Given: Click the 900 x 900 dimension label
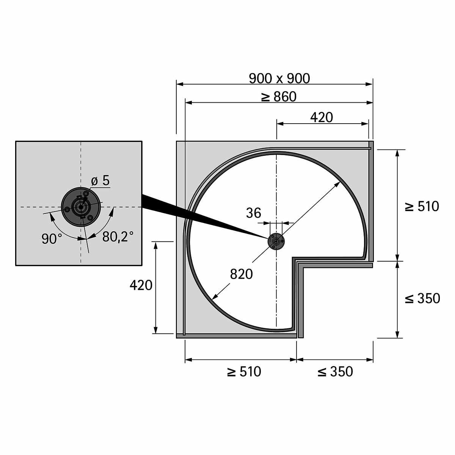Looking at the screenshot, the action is [279, 78].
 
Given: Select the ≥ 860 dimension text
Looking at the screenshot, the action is [279, 97].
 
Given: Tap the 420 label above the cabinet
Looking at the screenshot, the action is [322, 117].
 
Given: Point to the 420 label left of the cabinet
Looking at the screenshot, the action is [141, 285].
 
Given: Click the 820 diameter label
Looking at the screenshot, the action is [241, 274].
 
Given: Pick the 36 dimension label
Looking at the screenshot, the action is [254, 213].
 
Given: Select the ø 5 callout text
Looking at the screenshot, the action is [100, 181].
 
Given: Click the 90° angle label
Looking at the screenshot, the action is [52, 239].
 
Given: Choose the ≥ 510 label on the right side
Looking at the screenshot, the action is [422, 206].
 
